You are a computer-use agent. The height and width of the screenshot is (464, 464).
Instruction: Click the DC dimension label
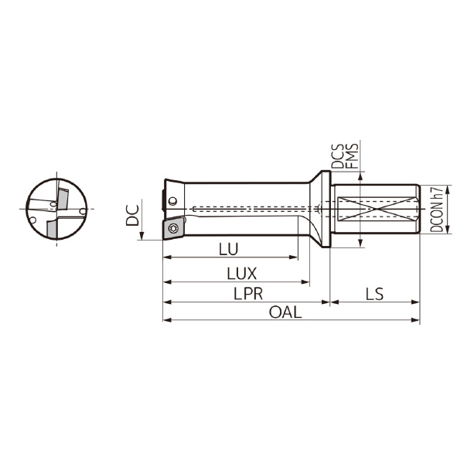(x=132, y=215)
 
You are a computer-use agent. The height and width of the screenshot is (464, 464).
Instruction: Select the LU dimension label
(x=228, y=249)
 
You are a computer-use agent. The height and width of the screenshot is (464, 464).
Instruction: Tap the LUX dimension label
(x=241, y=274)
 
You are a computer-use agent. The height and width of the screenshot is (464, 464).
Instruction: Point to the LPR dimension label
(x=248, y=294)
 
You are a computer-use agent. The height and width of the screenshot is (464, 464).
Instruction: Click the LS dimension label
(x=374, y=294)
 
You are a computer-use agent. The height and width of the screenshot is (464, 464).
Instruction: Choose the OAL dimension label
(x=285, y=312)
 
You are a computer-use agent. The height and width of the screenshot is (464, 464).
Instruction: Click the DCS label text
(x=337, y=156)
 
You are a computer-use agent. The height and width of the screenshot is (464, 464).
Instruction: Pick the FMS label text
(x=352, y=156)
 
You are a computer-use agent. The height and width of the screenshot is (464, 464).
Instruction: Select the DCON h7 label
(x=436, y=210)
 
